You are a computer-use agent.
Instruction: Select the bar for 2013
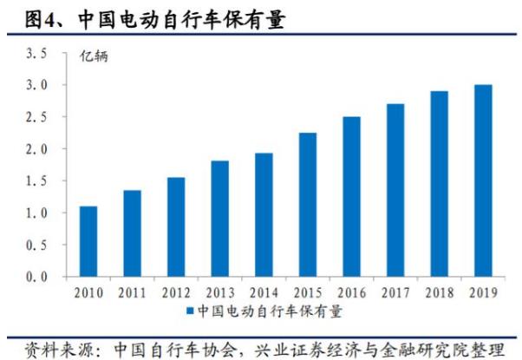point(220,219)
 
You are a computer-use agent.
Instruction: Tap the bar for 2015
point(308,205)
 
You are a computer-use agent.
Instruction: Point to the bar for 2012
point(176,227)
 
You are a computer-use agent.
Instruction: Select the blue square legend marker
point(189,311)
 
